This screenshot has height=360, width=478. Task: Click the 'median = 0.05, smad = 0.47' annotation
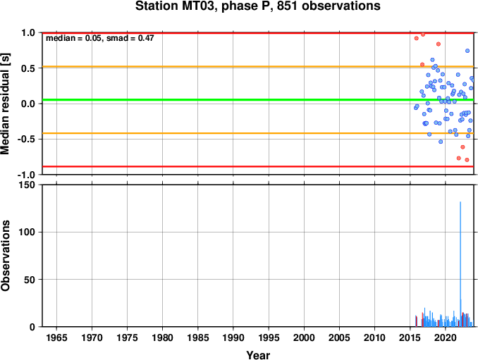pyautogui.click(x=99, y=38)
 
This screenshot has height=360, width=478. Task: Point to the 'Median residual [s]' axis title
pyautogui.click(x=5, y=104)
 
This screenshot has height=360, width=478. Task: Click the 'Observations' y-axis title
pyautogui.click(x=5, y=256)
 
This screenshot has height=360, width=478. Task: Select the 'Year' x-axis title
pyautogui.click(x=258, y=355)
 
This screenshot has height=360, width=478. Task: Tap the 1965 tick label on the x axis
pyautogui.click(x=56, y=337)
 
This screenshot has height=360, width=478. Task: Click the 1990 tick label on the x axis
pyautogui.click(x=233, y=337)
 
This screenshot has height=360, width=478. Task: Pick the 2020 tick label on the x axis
pyautogui.click(x=446, y=337)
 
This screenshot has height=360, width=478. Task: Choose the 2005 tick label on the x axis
pyautogui.click(x=339, y=337)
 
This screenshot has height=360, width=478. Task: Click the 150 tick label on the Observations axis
pyautogui.click(x=27, y=185)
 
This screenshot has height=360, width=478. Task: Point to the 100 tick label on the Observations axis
pyautogui.click(x=27, y=232)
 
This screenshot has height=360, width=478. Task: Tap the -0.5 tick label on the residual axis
pyautogui.click(x=28, y=139)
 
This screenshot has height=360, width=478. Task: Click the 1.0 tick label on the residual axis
pyautogui.click(x=28, y=32)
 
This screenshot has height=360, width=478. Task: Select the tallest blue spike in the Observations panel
pyautogui.click(x=460, y=263)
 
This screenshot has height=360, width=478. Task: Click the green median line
pyautogui.click(x=258, y=100)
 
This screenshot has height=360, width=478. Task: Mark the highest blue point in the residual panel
pyautogui.click(x=467, y=51)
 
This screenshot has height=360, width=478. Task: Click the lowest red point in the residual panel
pyautogui.click(x=467, y=160)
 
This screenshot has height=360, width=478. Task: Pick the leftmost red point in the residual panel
pyautogui.click(x=417, y=38)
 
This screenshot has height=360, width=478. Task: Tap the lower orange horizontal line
pyautogui.click(x=258, y=133)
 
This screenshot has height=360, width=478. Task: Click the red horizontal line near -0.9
pyautogui.click(x=258, y=166)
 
